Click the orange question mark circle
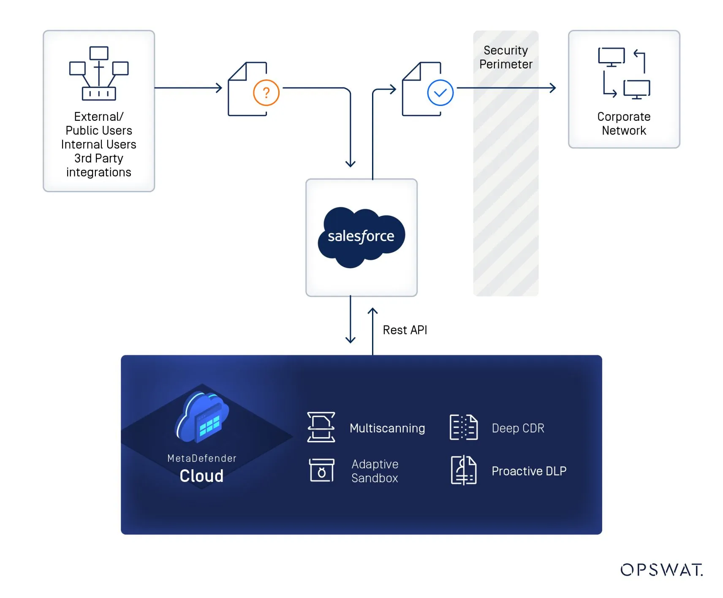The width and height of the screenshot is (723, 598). (x=266, y=92)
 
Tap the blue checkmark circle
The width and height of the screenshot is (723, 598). (x=440, y=92)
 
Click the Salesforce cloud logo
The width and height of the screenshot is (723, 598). (x=361, y=236)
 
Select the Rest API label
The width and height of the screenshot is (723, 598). (x=405, y=330)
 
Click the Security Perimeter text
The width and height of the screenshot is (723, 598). (x=506, y=57)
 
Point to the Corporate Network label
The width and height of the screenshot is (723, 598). (x=624, y=123)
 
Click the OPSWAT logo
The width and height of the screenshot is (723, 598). (x=661, y=570)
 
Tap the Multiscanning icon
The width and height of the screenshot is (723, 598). (x=321, y=427)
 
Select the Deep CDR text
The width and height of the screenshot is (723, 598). (x=518, y=428)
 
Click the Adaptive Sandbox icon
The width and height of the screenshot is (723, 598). (x=321, y=470)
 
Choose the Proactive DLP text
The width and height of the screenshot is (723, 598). (x=529, y=471)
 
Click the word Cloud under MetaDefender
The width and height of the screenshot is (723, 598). (x=201, y=476)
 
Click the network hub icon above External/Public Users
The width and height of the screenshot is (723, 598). (x=99, y=73)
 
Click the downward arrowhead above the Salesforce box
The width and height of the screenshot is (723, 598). (x=350, y=164)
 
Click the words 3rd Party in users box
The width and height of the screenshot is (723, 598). (x=99, y=158)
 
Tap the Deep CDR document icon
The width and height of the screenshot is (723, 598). (x=463, y=427)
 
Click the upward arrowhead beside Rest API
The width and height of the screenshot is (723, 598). (x=372, y=311)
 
